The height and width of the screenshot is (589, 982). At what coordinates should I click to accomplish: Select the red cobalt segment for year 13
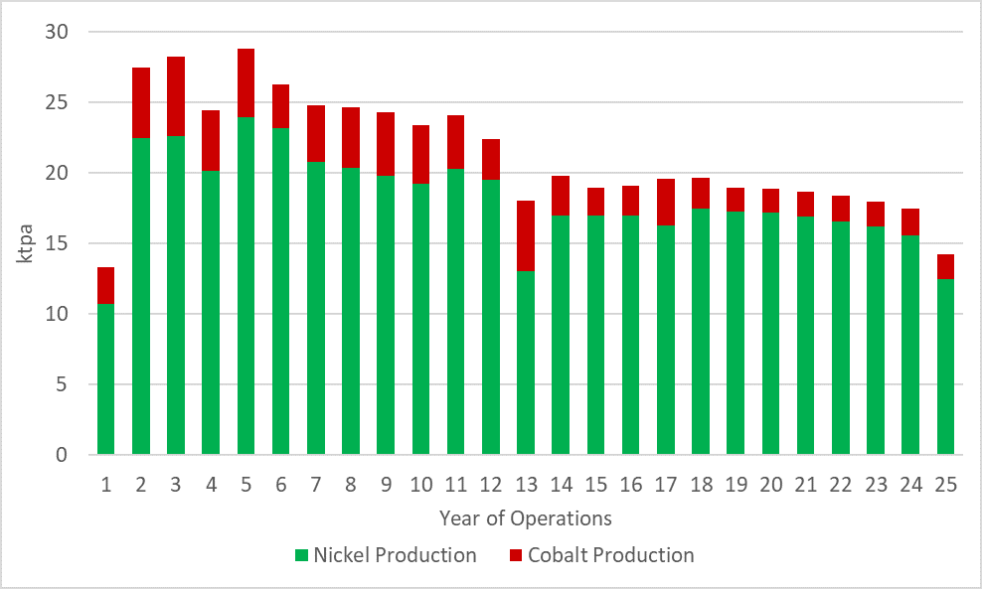[x=525, y=235]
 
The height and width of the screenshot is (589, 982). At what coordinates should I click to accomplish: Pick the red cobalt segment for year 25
[x=944, y=266]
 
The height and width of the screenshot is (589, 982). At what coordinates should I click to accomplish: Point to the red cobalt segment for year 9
[x=386, y=144]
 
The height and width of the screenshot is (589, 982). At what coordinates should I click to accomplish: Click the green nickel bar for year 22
[x=840, y=338]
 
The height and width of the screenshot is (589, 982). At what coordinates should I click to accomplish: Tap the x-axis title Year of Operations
[x=525, y=518]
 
